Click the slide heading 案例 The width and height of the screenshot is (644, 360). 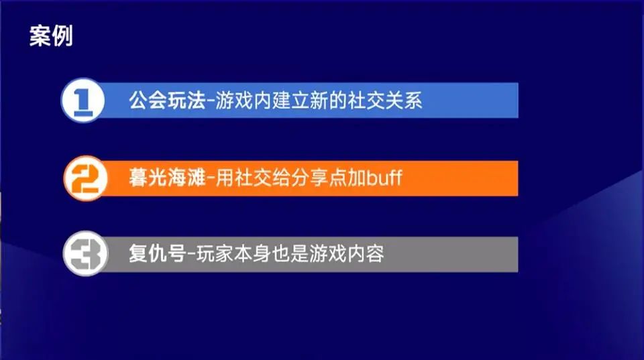point(52,36)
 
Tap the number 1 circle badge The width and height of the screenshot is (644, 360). point(83,100)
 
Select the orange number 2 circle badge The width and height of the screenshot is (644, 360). point(85,178)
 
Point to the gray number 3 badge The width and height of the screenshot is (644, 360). point(85,253)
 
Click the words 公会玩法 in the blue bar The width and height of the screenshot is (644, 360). point(167,100)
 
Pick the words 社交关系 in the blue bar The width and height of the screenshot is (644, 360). point(385,100)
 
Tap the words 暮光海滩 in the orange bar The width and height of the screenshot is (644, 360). point(167,178)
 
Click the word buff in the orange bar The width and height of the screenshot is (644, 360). point(384,178)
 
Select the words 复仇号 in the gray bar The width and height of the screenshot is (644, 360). point(157,253)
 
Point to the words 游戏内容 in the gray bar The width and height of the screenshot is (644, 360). point(347,253)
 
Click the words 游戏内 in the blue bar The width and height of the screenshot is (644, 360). point(244,100)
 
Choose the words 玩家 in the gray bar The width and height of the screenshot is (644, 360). point(215,253)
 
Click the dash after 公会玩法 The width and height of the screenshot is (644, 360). point(210,101)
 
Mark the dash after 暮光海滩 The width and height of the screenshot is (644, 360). point(210,179)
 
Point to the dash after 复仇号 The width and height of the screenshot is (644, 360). point(191,255)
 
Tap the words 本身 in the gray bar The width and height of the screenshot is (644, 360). point(253,253)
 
